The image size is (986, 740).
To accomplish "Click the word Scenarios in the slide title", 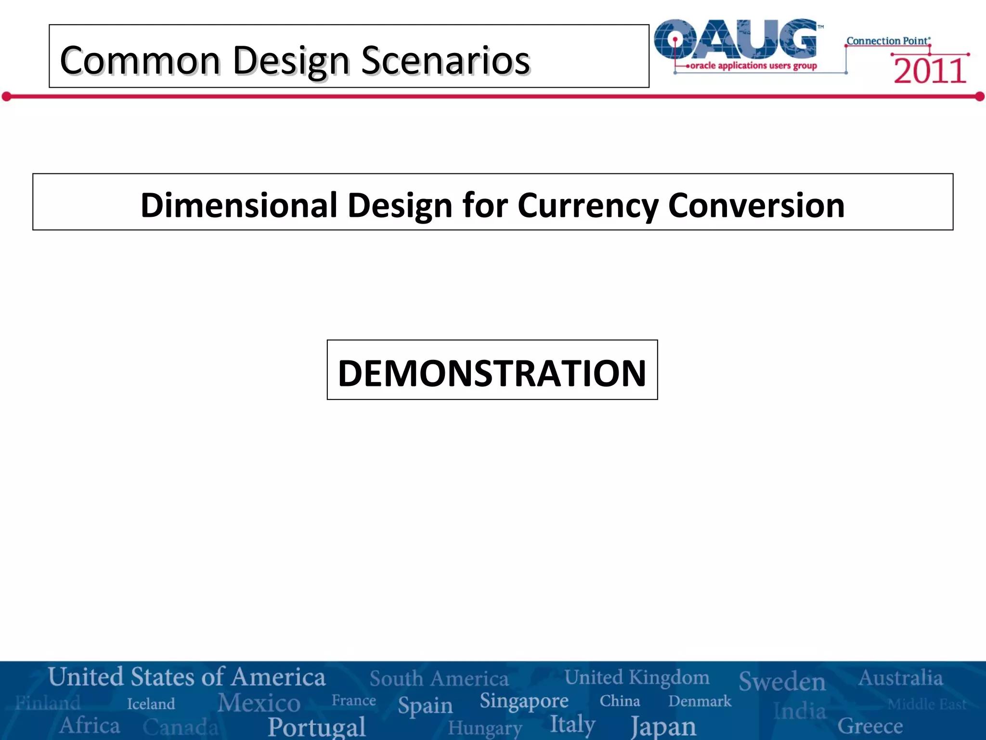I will (445, 61).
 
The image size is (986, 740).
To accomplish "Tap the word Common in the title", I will (140, 61).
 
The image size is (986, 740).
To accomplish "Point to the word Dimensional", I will (239, 206).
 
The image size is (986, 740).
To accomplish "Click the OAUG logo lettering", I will (737, 40).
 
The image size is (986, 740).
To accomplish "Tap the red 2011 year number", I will (930, 71).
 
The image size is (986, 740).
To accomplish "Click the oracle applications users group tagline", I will (753, 66).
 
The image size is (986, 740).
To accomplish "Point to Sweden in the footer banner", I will (782, 681).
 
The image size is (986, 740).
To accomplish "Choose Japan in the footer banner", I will (663, 726).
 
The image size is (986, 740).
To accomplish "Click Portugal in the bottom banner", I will (317, 727).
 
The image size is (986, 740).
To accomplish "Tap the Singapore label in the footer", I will (524, 701).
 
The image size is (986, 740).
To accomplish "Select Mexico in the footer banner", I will (259, 702).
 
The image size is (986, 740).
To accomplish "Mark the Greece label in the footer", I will (870, 726).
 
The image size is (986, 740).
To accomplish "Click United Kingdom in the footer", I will (636, 677).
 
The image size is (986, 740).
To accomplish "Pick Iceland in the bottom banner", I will (151, 704).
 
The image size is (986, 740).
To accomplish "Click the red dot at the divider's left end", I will (6, 97).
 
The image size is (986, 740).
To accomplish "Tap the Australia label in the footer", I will (900, 678).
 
